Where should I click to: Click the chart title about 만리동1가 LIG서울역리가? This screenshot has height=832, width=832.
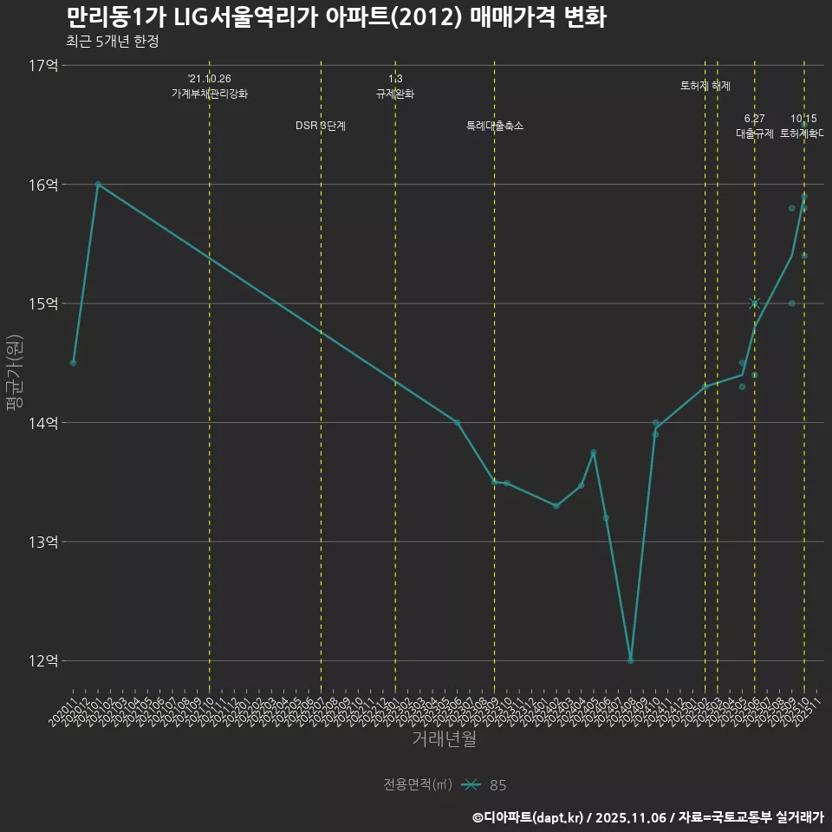(x=335, y=17)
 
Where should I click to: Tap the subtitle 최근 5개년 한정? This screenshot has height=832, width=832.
(x=112, y=42)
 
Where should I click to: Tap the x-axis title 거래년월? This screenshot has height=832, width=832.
(x=444, y=738)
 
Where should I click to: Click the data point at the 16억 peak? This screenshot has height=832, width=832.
(x=98, y=185)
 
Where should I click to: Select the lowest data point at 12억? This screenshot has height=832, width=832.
(x=631, y=660)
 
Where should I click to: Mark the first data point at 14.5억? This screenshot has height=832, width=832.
(x=74, y=362)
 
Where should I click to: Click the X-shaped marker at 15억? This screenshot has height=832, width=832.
(x=754, y=303)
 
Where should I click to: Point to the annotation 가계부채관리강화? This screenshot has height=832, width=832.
(x=209, y=94)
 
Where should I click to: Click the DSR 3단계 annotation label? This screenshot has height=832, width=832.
(x=321, y=126)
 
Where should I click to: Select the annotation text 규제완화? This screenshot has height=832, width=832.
(x=395, y=94)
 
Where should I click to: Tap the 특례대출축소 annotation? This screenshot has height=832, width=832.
(x=495, y=126)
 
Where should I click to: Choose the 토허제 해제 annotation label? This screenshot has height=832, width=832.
(x=705, y=86)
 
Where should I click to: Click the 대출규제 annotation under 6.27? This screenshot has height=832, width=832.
(x=754, y=133)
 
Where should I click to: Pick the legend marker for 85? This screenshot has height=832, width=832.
(x=471, y=785)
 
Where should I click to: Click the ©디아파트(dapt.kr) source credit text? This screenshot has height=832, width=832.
(x=529, y=816)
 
